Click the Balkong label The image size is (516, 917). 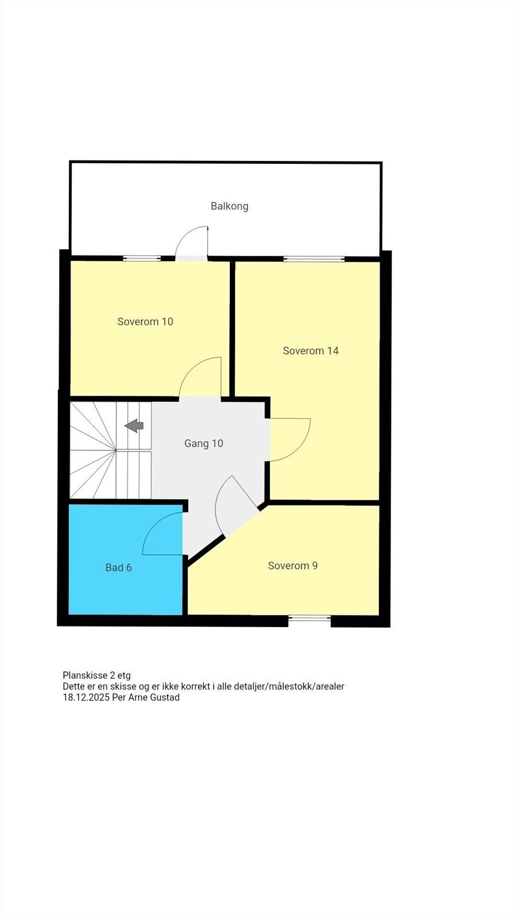(x=229, y=206)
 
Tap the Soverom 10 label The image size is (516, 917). (x=145, y=322)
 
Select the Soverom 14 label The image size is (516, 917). (x=311, y=351)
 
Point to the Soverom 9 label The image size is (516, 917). (x=292, y=566)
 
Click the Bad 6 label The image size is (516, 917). (x=119, y=567)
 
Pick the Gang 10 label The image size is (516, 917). (x=204, y=443)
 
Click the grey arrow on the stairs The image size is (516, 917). (x=134, y=425)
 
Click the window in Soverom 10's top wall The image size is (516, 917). (x=142, y=258)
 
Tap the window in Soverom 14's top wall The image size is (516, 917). (x=314, y=258)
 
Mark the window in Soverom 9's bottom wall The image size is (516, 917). (x=310, y=618)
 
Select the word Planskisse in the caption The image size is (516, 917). (x=85, y=675)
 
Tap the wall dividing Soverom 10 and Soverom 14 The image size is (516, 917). (x=233, y=328)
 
